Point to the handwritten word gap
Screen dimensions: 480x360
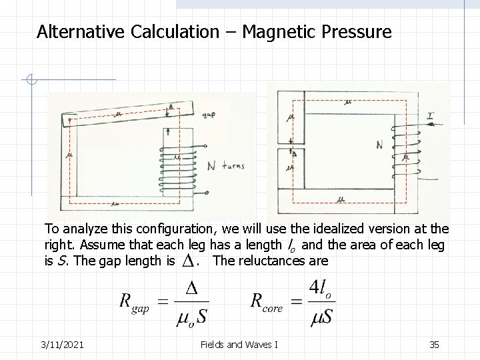(209, 115)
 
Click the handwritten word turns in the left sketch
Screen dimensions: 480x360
(230, 167)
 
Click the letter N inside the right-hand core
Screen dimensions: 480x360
(379, 145)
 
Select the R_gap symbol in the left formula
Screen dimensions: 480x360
(135, 301)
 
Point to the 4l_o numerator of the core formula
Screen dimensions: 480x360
(321, 289)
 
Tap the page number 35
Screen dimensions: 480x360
(435, 343)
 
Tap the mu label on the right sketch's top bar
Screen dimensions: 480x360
(347, 103)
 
